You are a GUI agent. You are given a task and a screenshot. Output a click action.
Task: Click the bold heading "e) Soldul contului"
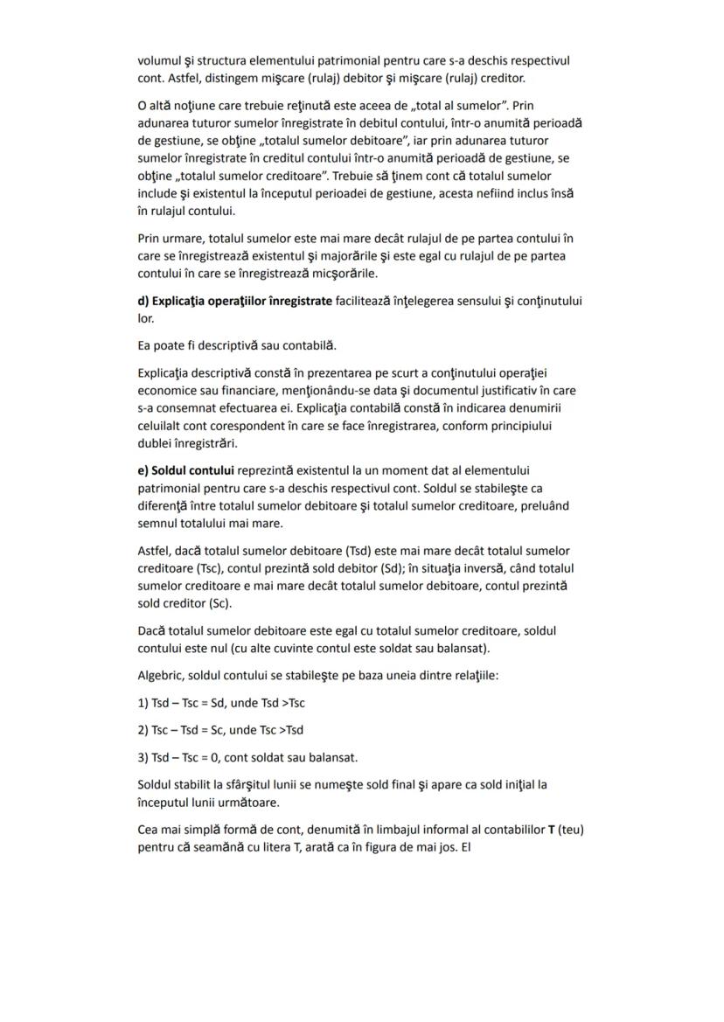[x=185, y=470]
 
